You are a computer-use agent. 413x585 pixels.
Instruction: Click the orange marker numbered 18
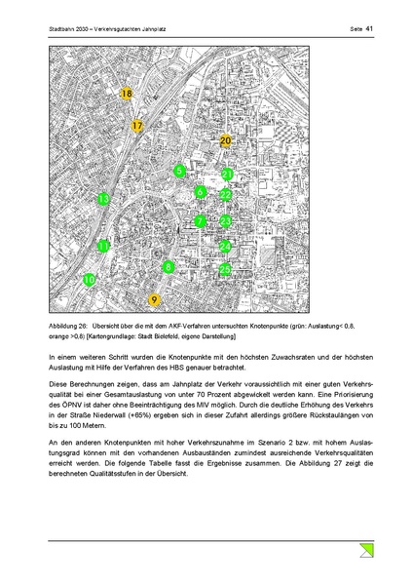point(127,94)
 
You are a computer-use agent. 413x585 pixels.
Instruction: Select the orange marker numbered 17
point(138,126)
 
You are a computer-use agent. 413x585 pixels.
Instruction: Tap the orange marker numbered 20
point(225,141)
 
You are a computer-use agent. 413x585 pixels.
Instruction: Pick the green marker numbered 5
point(179,172)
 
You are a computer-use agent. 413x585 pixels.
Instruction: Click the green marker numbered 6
point(200,192)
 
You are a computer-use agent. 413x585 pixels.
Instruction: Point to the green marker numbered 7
point(200,221)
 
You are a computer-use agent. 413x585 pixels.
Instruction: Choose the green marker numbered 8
point(169,266)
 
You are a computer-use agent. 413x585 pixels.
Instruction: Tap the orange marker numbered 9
point(153,299)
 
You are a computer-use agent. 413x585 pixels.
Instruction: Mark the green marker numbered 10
point(90,280)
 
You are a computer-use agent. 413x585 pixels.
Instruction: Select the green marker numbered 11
point(103,247)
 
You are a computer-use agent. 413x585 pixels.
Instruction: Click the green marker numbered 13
point(103,199)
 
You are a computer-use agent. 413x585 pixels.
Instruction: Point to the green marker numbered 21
point(226,175)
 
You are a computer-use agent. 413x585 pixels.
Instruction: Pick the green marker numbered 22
point(226,196)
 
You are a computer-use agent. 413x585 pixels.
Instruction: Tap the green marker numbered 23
point(225,221)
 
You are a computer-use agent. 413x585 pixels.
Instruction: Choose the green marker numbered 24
point(225,246)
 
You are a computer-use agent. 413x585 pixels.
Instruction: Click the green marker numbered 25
point(225,268)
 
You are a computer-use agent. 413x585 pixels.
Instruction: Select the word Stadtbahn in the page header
point(62,29)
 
